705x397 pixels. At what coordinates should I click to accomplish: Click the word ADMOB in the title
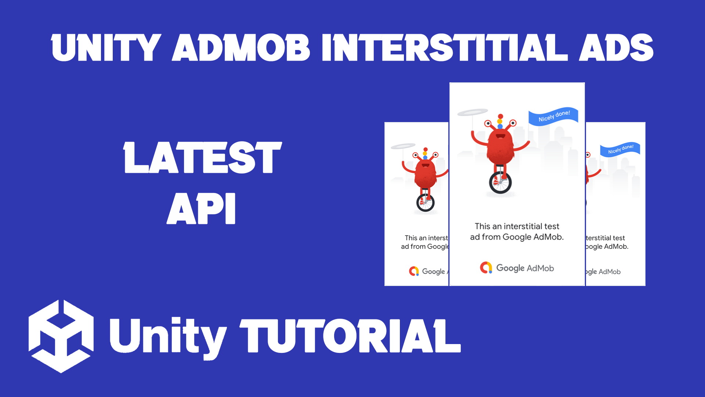[x=241, y=48]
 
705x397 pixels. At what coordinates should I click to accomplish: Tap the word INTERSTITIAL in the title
[x=444, y=48]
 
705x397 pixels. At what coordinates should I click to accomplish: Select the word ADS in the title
[x=616, y=48]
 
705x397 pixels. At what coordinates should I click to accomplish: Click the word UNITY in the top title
[x=106, y=48]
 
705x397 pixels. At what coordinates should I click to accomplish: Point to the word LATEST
[x=202, y=158]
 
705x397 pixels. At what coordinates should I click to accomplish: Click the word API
[x=201, y=208]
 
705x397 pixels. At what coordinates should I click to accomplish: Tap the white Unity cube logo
[x=61, y=336]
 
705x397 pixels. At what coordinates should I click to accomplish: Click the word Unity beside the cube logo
[x=167, y=336]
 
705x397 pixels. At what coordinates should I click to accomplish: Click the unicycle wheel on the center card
[x=500, y=183]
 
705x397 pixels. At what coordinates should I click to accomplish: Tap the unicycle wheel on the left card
[x=425, y=203]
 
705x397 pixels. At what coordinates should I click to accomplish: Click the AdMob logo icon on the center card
[x=486, y=268]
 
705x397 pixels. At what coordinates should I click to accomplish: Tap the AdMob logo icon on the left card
[x=414, y=271]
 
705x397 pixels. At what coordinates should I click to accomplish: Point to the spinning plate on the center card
[x=473, y=112]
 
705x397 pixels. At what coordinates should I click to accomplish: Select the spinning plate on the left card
[x=403, y=146]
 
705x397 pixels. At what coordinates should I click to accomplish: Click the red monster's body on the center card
[x=500, y=147]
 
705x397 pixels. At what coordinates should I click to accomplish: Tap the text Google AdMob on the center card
[x=525, y=268]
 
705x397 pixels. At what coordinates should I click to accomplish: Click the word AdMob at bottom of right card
[x=610, y=272]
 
